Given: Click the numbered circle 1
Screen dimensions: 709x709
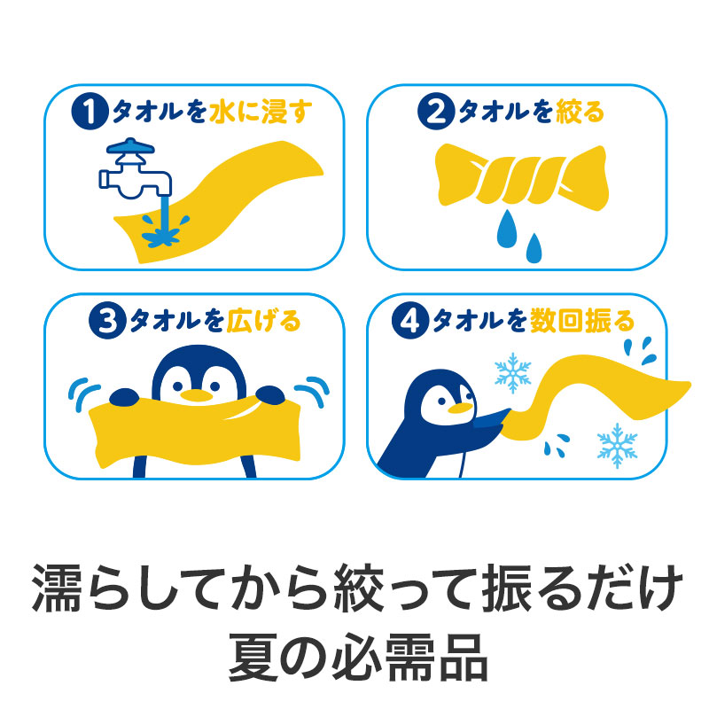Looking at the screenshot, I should [x=89, y=113].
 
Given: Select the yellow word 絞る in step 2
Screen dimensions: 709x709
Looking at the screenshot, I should [x=580, y=113].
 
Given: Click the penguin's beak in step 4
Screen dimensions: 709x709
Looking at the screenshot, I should [x=460, y=409].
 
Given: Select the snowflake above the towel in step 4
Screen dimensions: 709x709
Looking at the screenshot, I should [x=512, y=373].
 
